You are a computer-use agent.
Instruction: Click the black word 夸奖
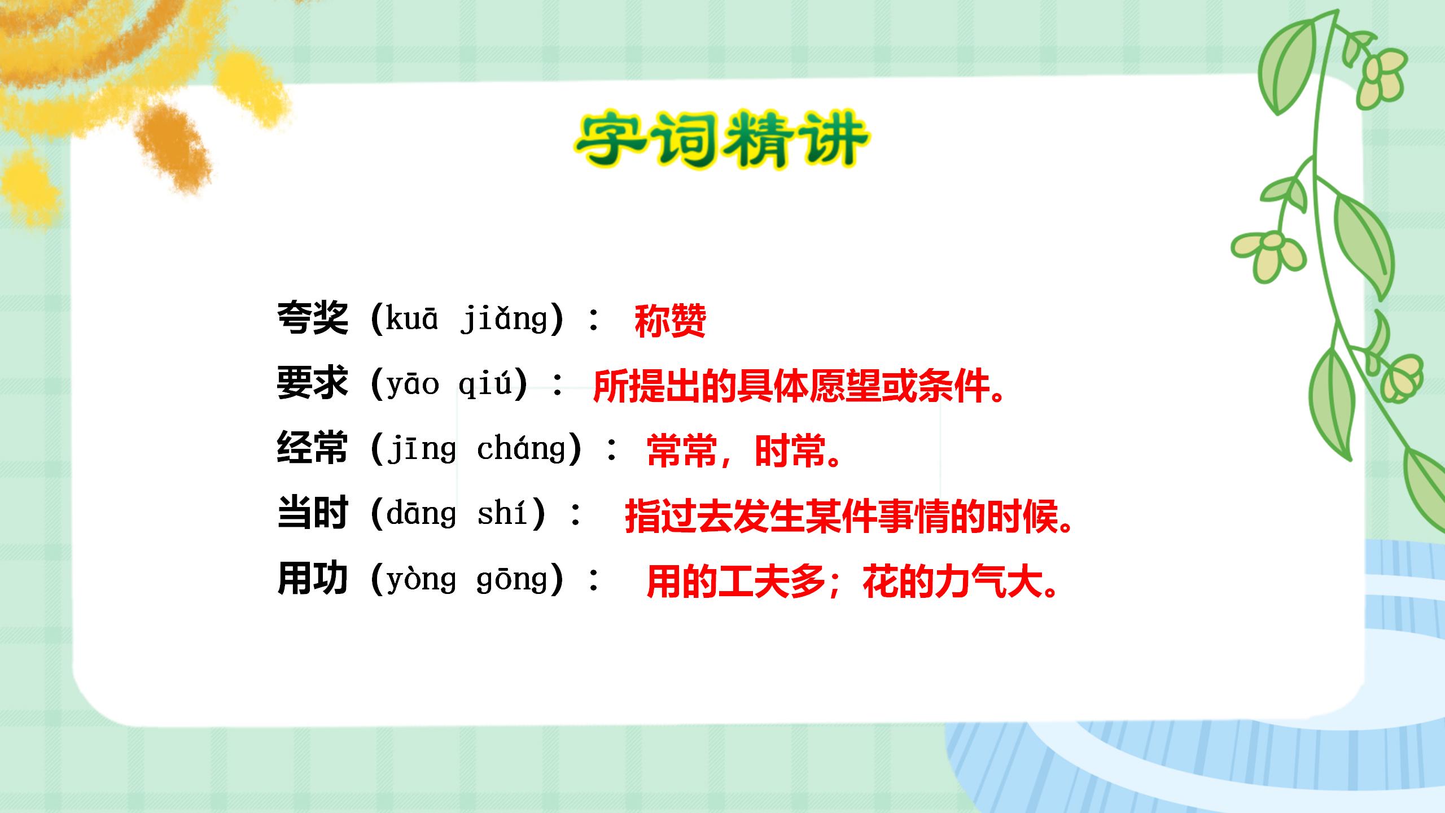(312, 318)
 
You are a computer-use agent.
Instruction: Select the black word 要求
(312, 383)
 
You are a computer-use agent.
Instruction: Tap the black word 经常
(312, 448)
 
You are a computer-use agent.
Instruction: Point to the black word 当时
(312, 513)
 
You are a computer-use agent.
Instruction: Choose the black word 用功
(312, 579)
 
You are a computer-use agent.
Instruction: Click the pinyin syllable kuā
(411, 318)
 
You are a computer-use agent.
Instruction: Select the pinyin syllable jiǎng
(504, 320)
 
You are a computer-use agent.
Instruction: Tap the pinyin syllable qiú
(485, 384)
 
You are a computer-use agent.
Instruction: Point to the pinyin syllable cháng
(521, 449)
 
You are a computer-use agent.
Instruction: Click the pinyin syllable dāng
(421, 514)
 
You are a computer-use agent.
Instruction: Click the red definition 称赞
(670, 321)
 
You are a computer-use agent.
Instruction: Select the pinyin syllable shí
(502, 514)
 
